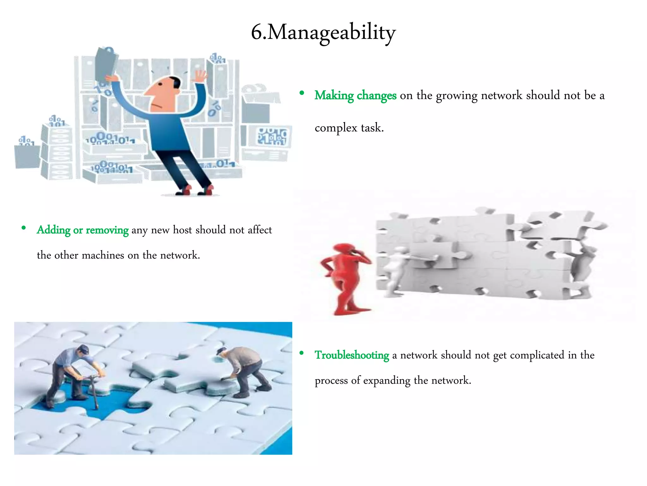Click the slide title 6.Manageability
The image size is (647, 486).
point(323,33)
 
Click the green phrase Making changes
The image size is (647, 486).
point(355,96)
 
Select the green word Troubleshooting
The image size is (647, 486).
point(352,355)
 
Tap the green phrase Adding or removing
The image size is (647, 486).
point(82,230)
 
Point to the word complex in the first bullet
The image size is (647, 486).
point(336,128)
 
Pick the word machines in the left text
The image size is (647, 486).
point(103,255)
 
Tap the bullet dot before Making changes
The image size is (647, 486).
point(302,93)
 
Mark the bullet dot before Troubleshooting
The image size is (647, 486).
point(302,353)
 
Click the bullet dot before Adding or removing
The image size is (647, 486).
point(24,228)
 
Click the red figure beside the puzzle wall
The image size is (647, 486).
point(346,278)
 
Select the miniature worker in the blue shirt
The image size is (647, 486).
point(74,373)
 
